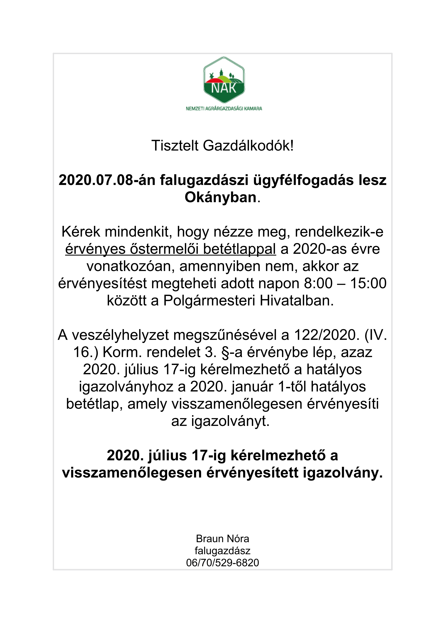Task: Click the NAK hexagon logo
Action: pos(224,80)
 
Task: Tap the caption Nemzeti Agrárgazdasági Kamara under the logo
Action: pos(224,108)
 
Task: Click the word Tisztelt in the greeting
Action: pos(175,146)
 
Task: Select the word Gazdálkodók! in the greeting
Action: pos(248,146)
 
